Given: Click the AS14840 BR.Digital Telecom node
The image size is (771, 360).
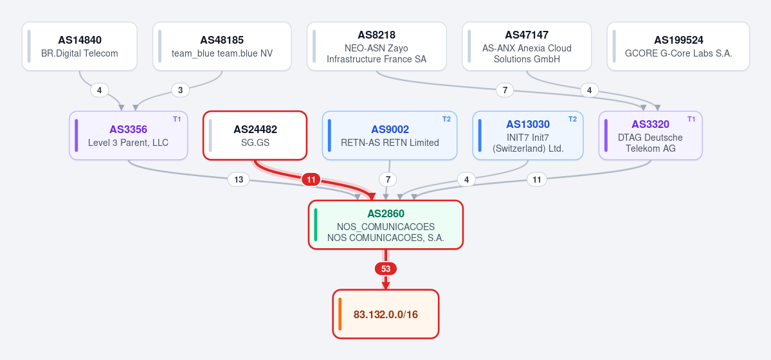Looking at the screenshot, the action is click(x=79, y=46).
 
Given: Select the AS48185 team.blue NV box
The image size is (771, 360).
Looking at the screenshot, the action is click(x=222, y=46).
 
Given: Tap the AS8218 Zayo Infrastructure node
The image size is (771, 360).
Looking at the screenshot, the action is click(x=377, y=46).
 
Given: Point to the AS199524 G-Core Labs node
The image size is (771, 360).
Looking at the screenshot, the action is click(x=678, y=46).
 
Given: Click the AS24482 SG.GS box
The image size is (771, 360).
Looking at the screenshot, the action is click(x=255, y=135).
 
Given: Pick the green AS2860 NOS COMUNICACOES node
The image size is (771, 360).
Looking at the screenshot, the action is click(x=386, y=225).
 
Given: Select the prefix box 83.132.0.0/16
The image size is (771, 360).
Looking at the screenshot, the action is click(x=386, y=314).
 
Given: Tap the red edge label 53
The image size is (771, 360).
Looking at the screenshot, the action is click(x=386, y=269).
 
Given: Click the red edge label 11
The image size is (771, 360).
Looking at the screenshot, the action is click(x=311, y=180).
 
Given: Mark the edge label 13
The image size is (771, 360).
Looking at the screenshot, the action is click(x=239, y=180).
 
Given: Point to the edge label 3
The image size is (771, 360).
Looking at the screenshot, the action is click(x=181, y=91).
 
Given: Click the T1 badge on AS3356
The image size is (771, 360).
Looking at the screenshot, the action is click(x=177, y=119).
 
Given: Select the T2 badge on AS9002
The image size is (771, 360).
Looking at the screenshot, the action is click(x=446, y=119).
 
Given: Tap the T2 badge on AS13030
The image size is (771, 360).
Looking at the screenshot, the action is click(x=573, y=119).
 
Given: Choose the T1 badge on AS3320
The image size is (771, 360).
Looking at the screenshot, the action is click(x=691, y=119).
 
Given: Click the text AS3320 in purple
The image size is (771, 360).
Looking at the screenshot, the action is click(x=651, y=125).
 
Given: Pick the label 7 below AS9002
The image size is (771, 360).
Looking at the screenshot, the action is click(x=388, y=180).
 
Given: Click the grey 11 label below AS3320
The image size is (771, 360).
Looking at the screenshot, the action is click(x=537, y=180).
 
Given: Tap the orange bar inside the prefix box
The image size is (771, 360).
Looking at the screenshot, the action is click(x=340, y=314).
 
